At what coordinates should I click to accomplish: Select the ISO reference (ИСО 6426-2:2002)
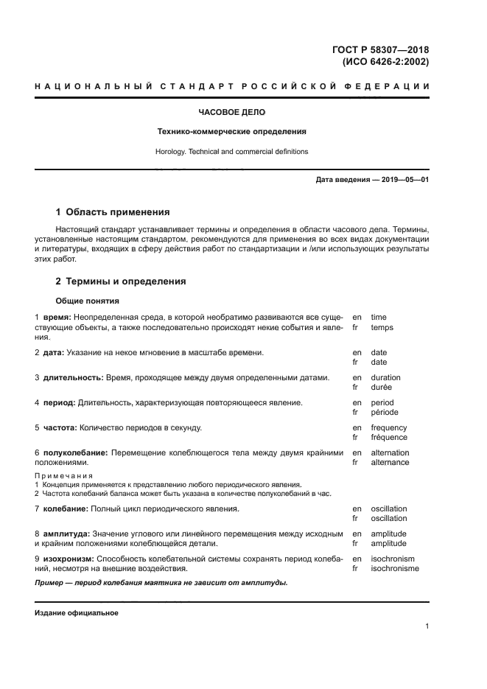385,63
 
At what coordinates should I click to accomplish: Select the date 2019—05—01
402,180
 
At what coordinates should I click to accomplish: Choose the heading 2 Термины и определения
121,281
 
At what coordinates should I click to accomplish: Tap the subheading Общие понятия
87,301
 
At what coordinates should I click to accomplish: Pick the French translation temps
382,327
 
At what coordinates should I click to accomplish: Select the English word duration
386,377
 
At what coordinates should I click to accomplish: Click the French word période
384,413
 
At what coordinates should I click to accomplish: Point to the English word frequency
388,428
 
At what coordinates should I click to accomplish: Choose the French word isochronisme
394,569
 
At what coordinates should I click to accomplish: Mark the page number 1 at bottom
427,626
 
